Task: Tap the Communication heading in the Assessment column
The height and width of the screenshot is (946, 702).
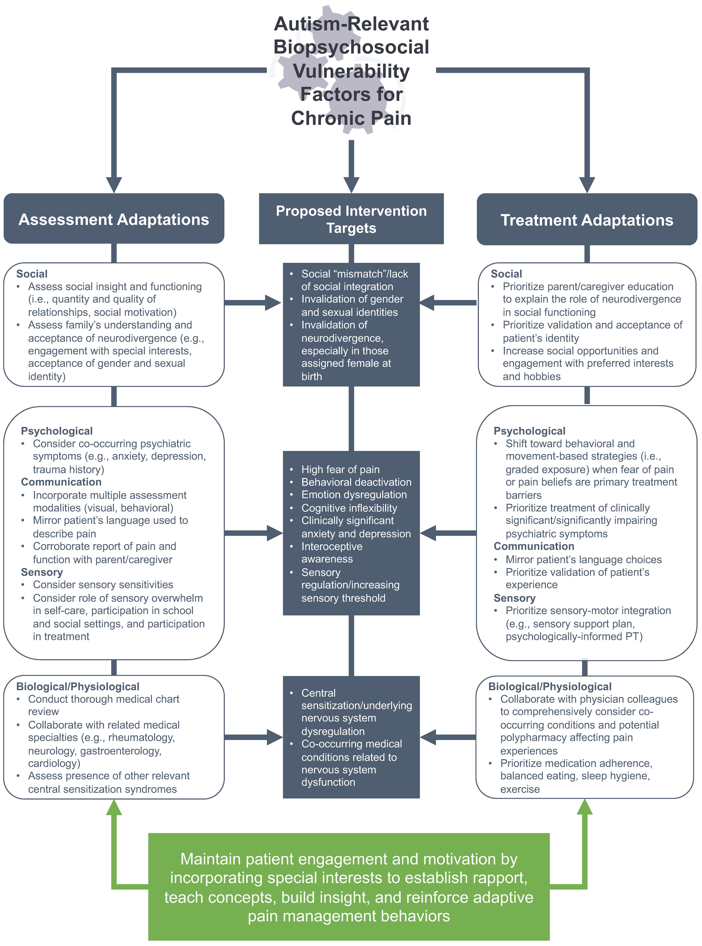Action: point(61,482)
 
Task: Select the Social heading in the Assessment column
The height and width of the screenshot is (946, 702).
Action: point(32,274)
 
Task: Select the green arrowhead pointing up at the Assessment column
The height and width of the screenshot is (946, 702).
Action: point(114,807)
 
